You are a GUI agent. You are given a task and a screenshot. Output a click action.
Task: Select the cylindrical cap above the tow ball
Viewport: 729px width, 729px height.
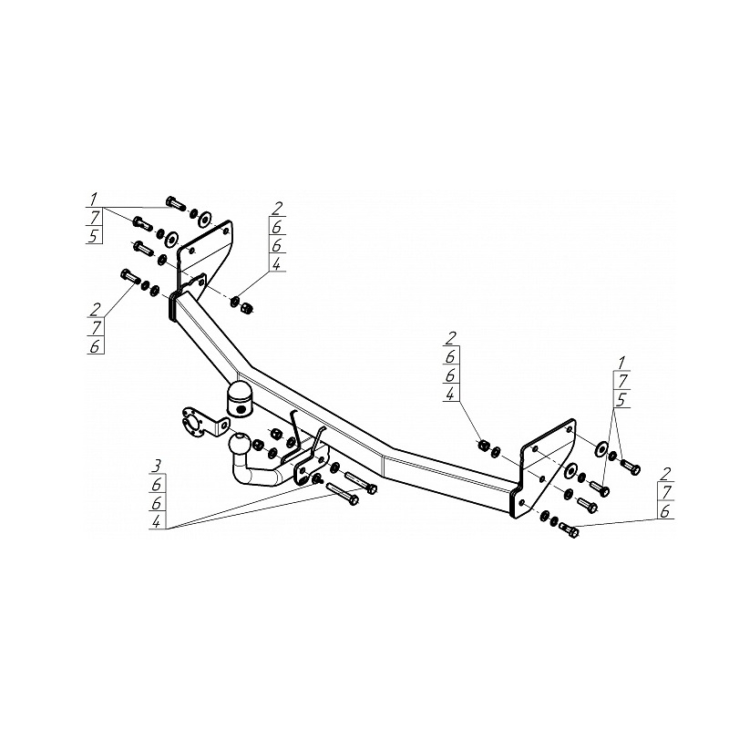coord(239,398)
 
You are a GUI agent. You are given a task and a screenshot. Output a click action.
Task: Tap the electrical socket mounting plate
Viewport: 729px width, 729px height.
coord(203,423)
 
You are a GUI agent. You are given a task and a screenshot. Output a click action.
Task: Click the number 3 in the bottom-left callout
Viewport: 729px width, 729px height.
coord(157,465)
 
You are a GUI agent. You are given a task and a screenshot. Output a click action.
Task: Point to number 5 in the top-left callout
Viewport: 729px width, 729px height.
coord(94,236)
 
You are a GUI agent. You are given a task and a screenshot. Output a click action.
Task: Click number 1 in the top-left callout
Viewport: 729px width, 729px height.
coord(94,200)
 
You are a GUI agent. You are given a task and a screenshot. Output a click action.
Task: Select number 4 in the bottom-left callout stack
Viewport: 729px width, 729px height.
coord(157,521)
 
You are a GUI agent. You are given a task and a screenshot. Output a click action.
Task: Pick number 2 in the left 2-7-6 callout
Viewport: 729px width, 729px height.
coord(96,309)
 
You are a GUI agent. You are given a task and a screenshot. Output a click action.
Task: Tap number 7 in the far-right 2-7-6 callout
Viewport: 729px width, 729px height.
coord(665,492)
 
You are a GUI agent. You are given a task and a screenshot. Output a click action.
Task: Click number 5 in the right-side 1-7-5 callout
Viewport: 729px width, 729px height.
coord(622,399)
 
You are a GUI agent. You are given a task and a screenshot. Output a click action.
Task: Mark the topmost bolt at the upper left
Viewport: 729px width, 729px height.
coord(176,203)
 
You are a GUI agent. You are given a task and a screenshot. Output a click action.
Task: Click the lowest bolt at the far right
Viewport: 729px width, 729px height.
coord(569,530)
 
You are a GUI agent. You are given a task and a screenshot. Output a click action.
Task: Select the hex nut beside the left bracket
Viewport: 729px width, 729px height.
coord(247,308)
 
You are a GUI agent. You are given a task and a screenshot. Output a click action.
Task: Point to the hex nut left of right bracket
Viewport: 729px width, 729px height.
coord(484,445)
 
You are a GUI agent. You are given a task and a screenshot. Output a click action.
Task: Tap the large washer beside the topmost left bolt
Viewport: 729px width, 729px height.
coord(204,220)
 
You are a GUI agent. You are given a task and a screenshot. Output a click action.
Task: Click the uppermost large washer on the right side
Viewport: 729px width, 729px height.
coord(601,448)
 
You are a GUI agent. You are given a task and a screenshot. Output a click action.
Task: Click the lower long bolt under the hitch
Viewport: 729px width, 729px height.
coord(343,494)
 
